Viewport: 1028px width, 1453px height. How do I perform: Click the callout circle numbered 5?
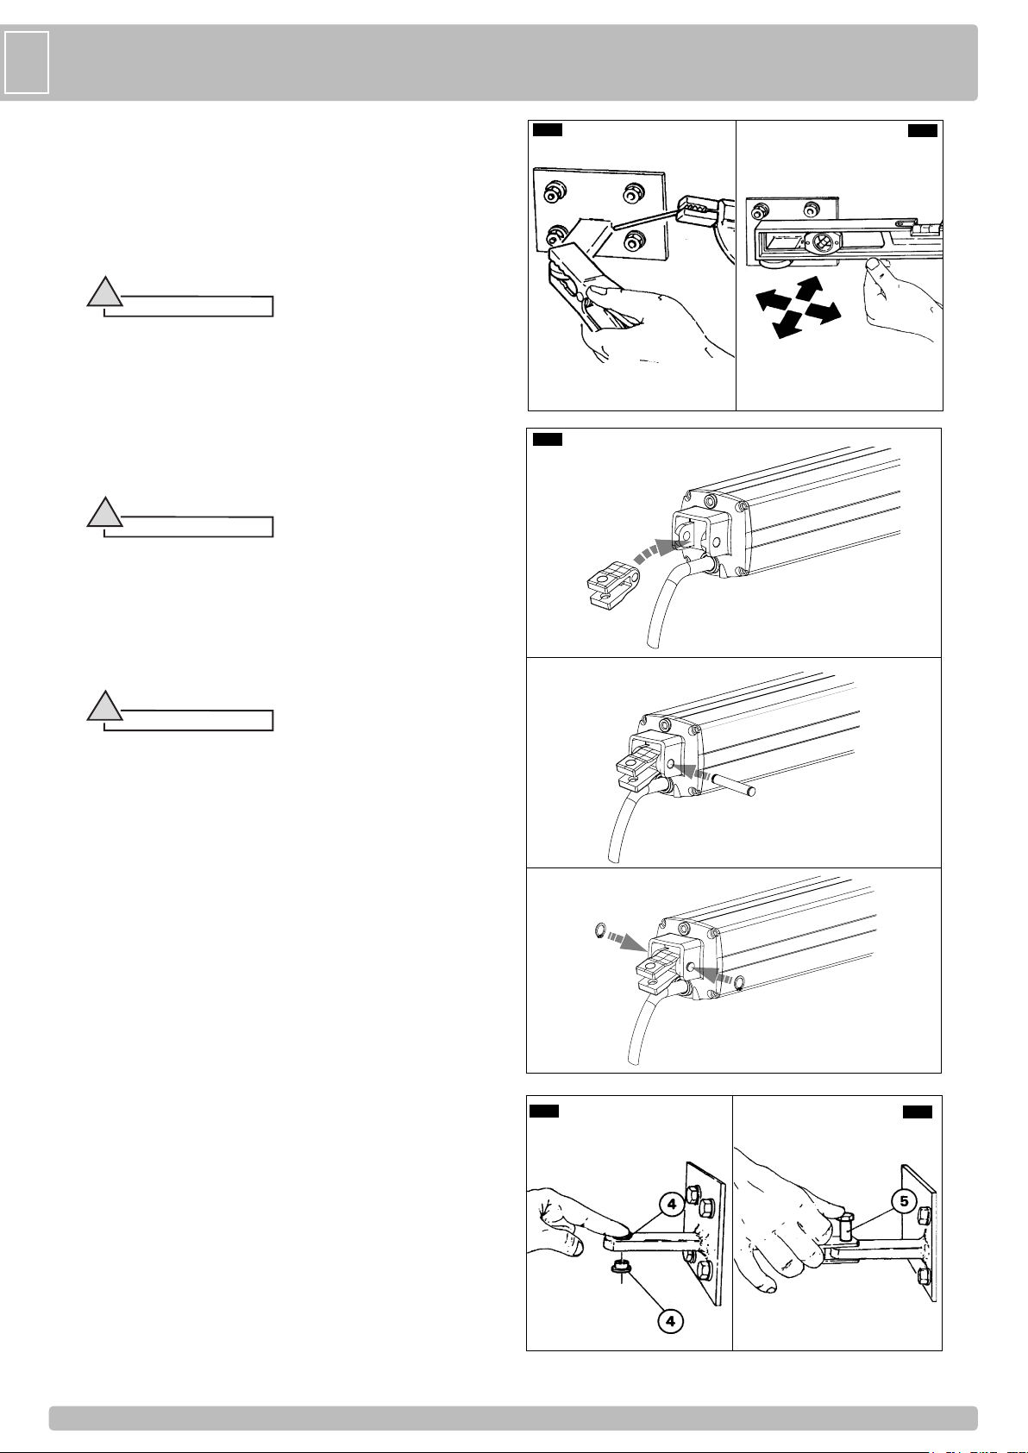[904, 1200]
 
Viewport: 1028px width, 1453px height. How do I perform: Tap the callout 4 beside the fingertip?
[672, 1204]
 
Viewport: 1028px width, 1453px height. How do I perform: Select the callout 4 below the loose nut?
[671, 1321]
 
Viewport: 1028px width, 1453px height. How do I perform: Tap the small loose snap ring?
[599, 931]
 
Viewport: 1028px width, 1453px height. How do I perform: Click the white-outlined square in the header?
[27, 62]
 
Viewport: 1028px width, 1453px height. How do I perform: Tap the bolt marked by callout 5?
[844, 1225]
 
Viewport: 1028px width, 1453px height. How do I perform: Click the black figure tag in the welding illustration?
[547, 129]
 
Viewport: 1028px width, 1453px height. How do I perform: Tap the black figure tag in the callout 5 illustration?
[917, 1112]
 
